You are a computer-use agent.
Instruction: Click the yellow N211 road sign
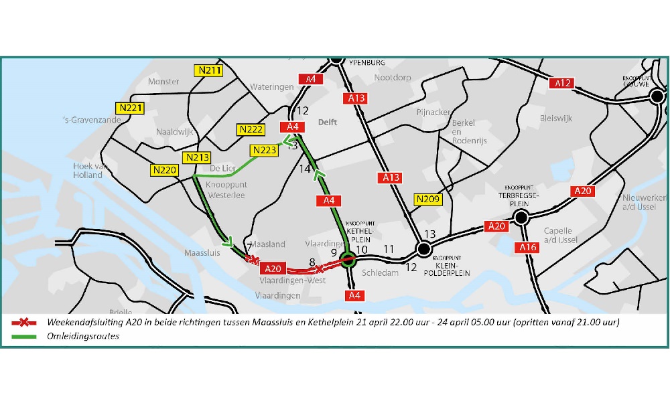coord(210,70)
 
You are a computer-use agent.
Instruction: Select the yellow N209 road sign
coord(427,199)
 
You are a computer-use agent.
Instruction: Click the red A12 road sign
coord(563,83)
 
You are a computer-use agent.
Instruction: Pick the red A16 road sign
coord(527,248)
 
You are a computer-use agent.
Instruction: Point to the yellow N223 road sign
coord(263,150)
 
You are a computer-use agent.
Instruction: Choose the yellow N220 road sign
coord(163,170)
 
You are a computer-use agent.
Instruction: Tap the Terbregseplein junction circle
coord(521,217)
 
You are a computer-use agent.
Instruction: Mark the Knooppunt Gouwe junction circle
coord(657,96)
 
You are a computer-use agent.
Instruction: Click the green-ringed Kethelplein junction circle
coord(348,260)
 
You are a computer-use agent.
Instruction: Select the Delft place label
coord(328,123)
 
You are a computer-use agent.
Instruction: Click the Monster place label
coord(163,82)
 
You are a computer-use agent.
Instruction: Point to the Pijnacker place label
coord(433,112)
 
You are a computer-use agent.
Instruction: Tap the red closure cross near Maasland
coord(252,260)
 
